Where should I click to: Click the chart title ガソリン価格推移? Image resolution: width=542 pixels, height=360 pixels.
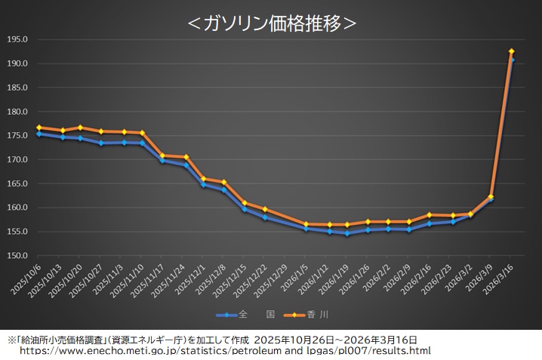[x=271, y=23]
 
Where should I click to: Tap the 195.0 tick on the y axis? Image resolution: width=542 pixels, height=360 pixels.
[x=17, y=39]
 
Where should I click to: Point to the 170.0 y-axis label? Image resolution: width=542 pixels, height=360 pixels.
[x=17, y=159]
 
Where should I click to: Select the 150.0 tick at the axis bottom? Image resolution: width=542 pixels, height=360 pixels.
[x=17, y=256]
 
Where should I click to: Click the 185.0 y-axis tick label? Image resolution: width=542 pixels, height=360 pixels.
[x=17, y=88]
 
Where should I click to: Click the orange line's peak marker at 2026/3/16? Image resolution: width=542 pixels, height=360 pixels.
[x=512, y=51]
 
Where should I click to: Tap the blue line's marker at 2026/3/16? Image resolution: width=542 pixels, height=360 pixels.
[x=512, y=60]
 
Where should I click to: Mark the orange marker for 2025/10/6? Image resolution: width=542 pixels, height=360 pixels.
[x=38, y=128]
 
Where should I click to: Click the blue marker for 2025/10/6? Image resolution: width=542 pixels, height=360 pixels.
[x=38, y=134]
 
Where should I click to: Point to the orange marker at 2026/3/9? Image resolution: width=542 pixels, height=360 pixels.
[x=491, y=197]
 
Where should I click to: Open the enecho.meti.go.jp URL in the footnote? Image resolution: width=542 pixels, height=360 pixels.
[x=225, y=351]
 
